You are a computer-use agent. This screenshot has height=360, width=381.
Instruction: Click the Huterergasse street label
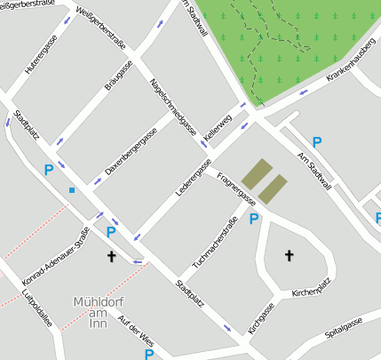(41, 53)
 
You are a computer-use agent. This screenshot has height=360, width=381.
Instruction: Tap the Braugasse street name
(118, 75)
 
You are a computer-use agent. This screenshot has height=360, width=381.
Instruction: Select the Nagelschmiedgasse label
(174, 110)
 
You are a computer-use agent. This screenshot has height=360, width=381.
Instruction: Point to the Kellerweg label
(218, 126)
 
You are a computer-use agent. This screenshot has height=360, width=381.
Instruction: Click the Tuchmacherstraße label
(215, 245)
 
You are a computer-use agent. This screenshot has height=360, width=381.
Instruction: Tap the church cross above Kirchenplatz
(289, 256)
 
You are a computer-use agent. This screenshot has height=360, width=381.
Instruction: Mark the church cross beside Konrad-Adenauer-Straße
(112, 257)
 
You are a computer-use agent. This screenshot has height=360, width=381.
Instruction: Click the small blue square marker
(72, 190)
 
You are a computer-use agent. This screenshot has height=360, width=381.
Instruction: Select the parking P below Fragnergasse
(254, 219)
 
